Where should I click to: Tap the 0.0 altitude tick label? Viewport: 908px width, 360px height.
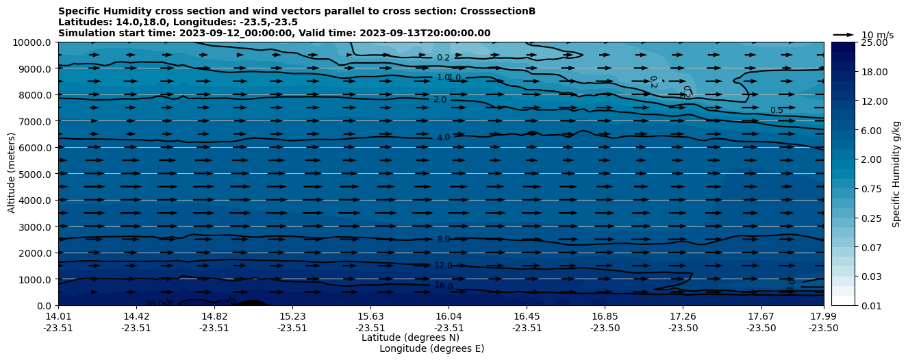pos(45,305)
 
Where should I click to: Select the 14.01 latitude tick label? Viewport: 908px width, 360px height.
pos(58,316)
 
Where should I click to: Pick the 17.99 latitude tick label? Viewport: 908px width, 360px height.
pos(823,316)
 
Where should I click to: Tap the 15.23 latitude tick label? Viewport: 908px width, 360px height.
pos(292,316)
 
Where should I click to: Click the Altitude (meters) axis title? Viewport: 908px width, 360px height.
pos(12,174)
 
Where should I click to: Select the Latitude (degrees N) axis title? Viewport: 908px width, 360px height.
pos(410,337)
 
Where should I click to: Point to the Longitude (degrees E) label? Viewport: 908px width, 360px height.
pos(431,348)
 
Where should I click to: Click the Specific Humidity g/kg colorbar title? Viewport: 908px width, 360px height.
pos(896,174)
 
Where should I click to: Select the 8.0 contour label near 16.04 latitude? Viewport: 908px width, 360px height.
pos(443,240)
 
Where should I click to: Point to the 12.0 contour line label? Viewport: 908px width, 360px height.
pos(443,266)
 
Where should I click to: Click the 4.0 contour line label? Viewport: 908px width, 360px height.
pos(443,138)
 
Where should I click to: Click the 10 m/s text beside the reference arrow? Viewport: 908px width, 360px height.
pos(877,35)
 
